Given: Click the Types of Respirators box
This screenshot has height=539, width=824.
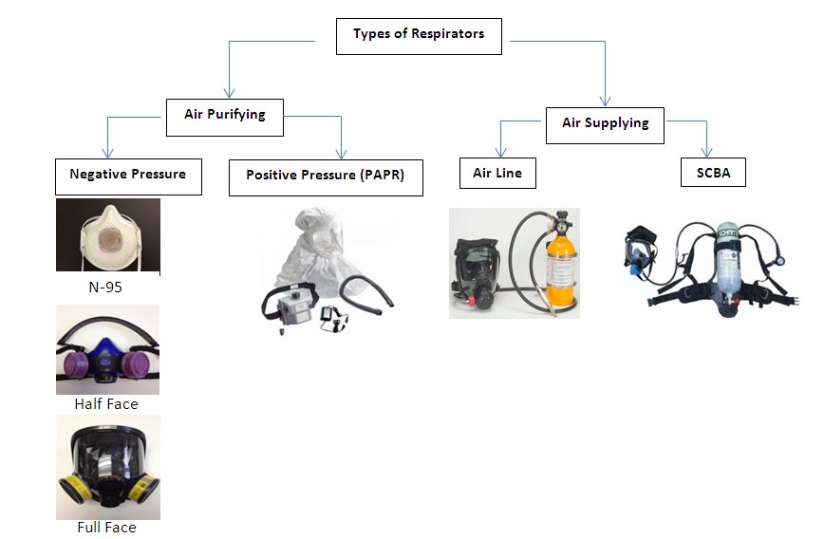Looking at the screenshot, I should [419, 35].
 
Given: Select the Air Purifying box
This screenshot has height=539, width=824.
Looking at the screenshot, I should [224, 116].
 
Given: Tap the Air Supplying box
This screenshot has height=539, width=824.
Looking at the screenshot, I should [605, 124].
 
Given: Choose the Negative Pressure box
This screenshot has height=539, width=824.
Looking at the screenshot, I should [128, 176].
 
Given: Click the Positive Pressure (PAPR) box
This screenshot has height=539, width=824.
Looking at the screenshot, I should [326, 177].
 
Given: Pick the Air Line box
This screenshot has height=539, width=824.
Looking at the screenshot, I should [497, 174].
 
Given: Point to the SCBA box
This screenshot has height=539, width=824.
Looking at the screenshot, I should [713, 174].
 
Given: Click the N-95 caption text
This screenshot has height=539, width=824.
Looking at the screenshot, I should [106, 284].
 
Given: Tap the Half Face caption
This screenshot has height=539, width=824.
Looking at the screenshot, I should [106, 403].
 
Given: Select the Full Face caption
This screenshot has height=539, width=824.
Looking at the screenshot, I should [106, 527].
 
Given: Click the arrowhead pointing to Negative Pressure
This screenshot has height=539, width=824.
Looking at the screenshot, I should [107, 153].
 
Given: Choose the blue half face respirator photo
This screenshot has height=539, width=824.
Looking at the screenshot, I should [107, 349].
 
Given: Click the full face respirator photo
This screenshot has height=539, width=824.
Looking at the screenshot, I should [107, 466].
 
